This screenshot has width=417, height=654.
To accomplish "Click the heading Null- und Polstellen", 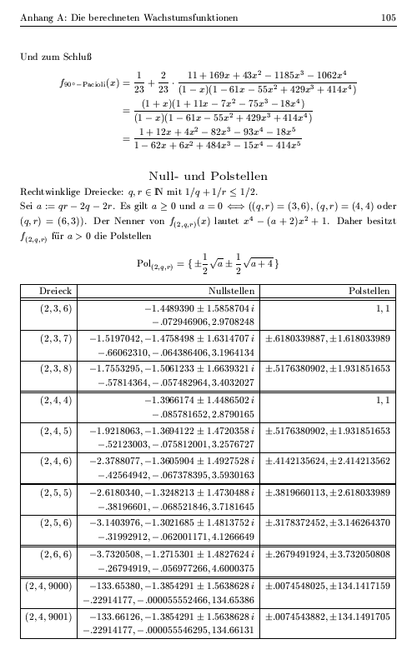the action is pos(208,176).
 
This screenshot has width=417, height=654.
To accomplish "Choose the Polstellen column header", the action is pos(366,291).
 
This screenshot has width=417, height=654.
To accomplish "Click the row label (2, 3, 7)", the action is pos(56,338).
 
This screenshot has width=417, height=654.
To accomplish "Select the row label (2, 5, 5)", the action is pos(56,493).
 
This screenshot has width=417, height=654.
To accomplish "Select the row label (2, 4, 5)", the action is pos(56,432).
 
